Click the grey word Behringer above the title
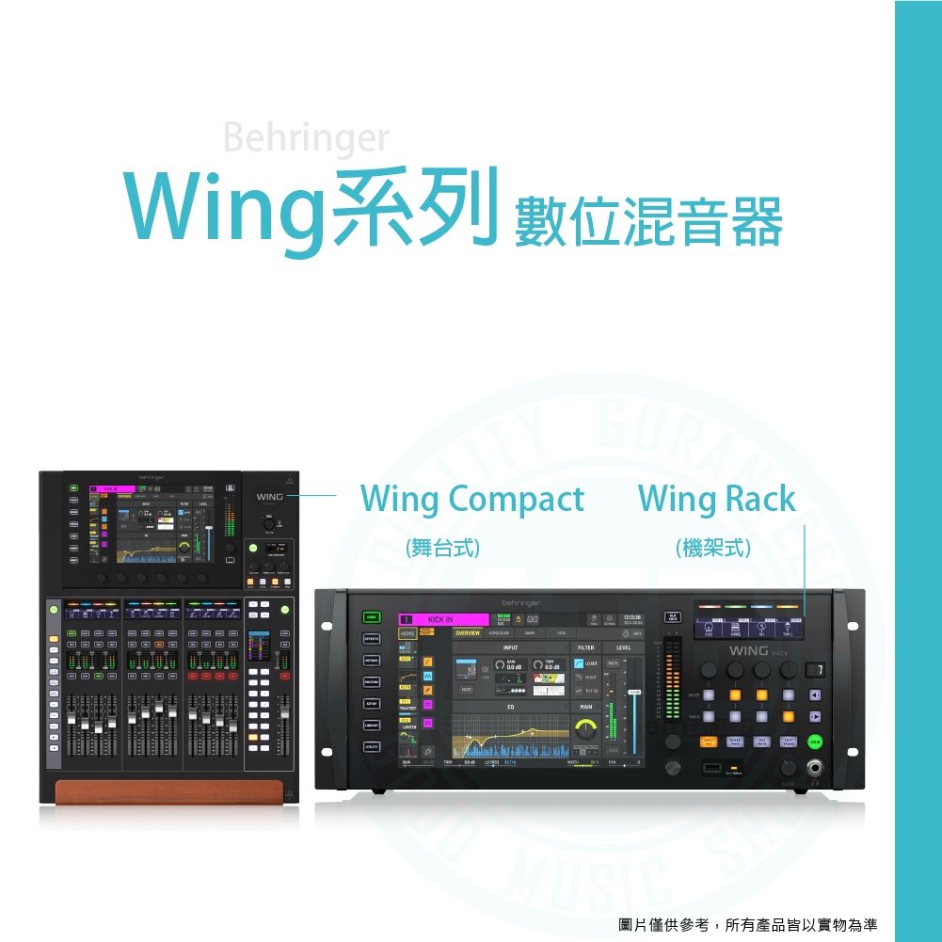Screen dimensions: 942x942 [x=306, y=139]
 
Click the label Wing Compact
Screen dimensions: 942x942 [x=472, y=499]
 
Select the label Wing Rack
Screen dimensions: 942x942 [x=717, y=499]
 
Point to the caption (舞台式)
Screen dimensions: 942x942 [x=442, y=548]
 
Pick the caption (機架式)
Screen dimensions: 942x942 [x=713, y=548]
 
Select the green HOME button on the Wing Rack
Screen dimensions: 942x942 [x=372, y=617]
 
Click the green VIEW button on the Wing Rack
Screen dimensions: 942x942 [x=815, y=742]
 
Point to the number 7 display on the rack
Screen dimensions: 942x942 [x=816, y=670]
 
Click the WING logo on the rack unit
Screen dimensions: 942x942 [x=748, y=651]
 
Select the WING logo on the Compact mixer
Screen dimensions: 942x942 [x=268, y=496]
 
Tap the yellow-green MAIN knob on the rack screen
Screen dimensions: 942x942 [x=586, y=728]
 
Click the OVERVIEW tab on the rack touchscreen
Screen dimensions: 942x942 [x=468, y=633]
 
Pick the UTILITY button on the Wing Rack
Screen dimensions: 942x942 [x=372, y=747]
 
